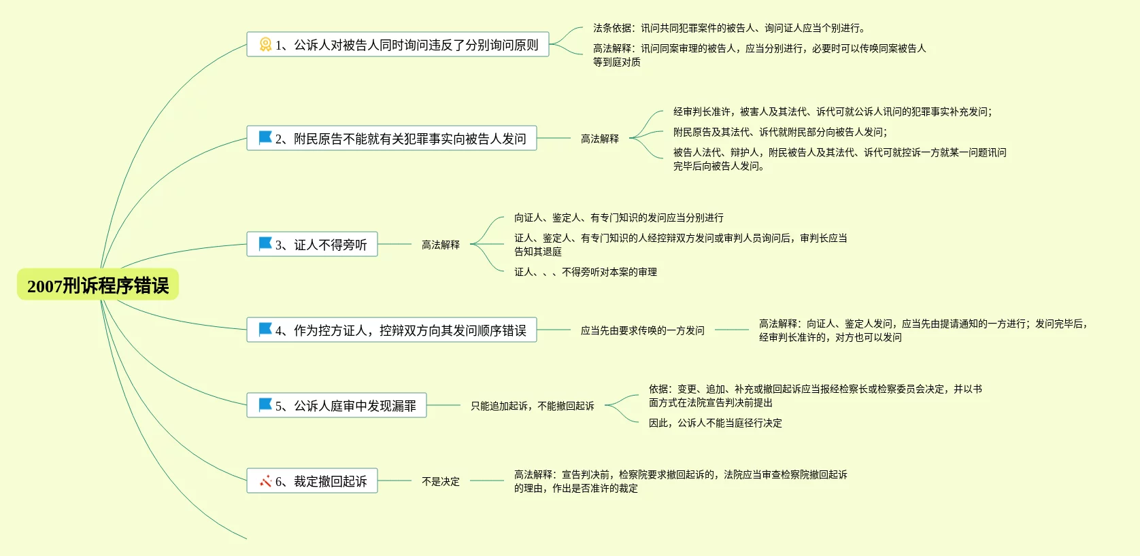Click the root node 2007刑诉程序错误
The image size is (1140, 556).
coord(98,285)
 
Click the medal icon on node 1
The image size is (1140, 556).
coord(265,45)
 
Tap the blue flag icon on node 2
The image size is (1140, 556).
coord(265,138)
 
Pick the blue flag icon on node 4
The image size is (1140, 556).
coord(265,330)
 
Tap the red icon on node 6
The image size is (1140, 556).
coord(265,481)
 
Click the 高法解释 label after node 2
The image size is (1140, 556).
coord(599,139)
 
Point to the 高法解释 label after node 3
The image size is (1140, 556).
coord(440,245)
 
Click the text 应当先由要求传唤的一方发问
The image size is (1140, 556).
coord(642,330)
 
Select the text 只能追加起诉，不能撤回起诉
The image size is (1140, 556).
coord(532,406)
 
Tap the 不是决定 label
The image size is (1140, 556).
coord(440,481)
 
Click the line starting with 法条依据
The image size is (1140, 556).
coord(728,28)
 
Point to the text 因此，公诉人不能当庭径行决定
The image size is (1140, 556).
coord(715,423)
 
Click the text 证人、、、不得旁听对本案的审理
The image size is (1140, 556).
coord(585,272)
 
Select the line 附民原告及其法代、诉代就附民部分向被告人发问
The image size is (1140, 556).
coord(779,132)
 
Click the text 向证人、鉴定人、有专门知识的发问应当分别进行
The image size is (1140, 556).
coord(618,218)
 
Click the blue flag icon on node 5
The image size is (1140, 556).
coord(265,405)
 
